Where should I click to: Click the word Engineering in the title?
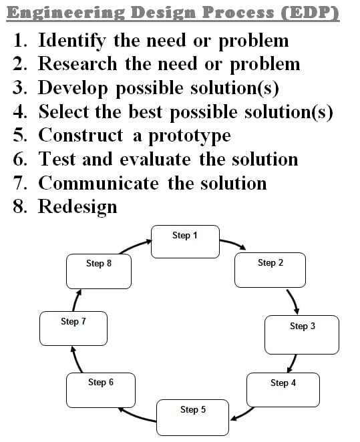pyautogui.click(x=65, y=13)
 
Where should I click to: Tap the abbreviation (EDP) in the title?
pyautogui.click(x=310, y=13)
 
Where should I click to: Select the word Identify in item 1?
pyautogui.click(x=72, y=41)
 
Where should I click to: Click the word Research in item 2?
pyautogui.click(x=77, y=63)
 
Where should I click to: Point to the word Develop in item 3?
pyautogui.click(x=73, y=88)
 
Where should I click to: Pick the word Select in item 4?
pyautogui.click(x=63, y=112)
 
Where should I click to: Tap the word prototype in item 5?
pyautogui.click(x=190, y=136)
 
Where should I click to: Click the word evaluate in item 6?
pyautogui.click(x=156, y=160)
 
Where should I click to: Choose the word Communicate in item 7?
pyautogui.click(x=98, y=184)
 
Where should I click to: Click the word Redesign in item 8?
pyautogui.click(x=77, y=207)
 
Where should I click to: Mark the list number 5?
pyautogui.click(x=20, y=135)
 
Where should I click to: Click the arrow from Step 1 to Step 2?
pyautogui.click(x=233, y=243)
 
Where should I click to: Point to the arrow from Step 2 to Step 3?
pyautogui.click(x=294, y=301)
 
